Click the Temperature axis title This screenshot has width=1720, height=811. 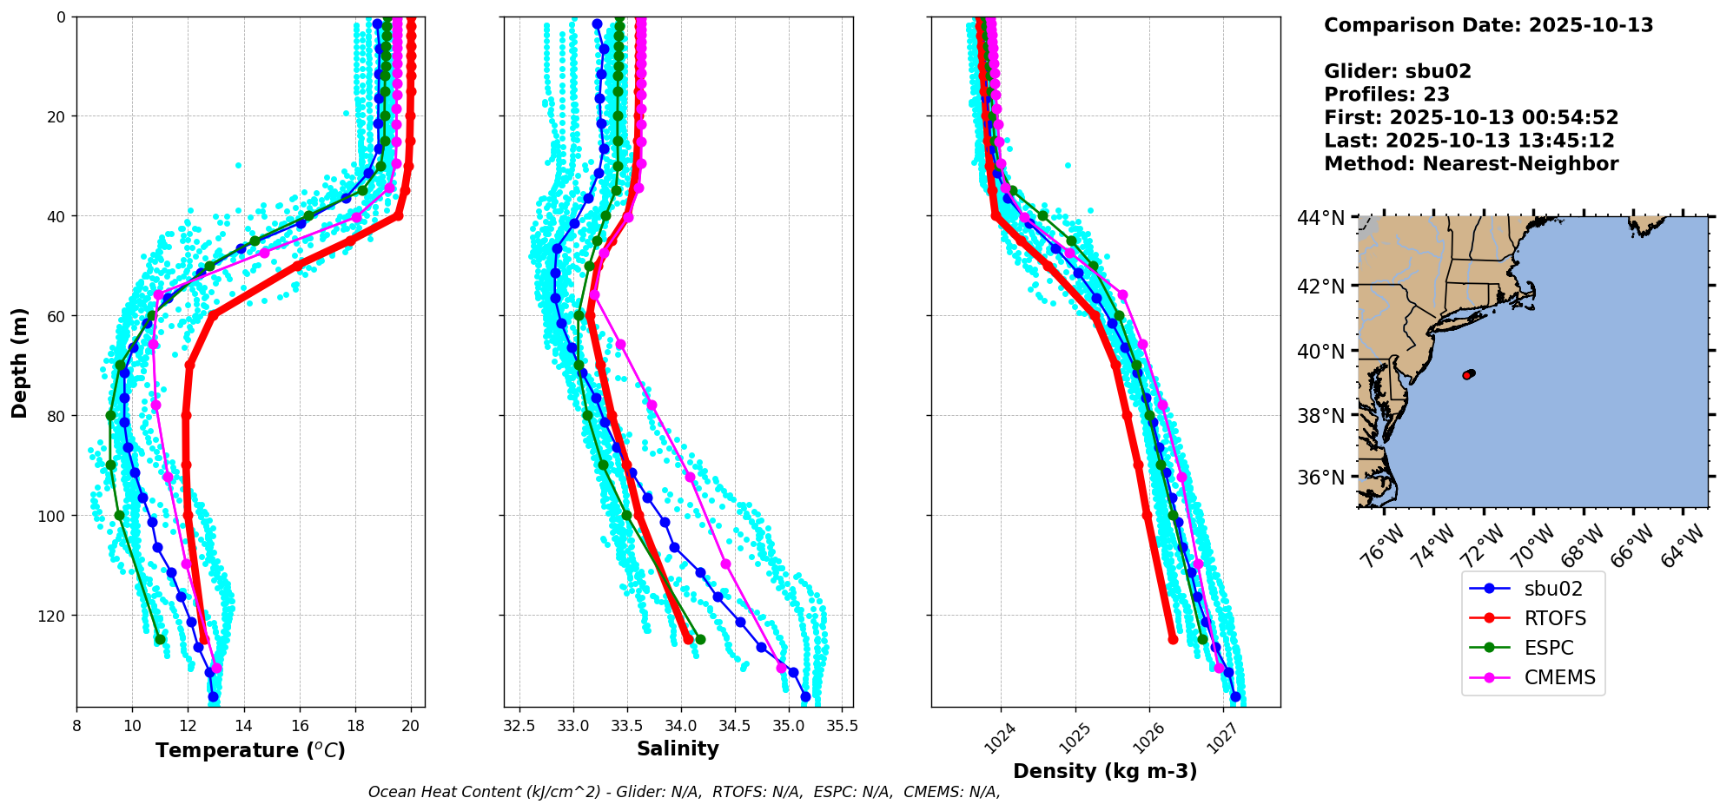point(250,750)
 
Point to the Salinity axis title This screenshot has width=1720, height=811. point(678,748)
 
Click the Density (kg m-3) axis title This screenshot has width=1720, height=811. point(1105,771)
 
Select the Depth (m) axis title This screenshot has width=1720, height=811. point(19,362)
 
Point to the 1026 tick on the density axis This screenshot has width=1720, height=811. point(1147,740)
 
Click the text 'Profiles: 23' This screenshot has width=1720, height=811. point(1386,95)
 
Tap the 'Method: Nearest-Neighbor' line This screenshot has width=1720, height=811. point(1471,164)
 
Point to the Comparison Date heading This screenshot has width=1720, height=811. point(1488,25)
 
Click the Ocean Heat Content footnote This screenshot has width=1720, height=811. point(684,792)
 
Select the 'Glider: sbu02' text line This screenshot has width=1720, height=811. point(1398,71)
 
